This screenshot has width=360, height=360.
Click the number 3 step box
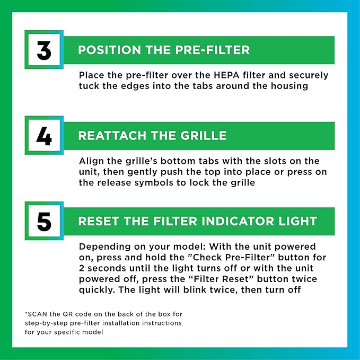44,49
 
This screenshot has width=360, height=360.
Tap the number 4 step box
44,135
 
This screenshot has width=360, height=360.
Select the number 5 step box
44,221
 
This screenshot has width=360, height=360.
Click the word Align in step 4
91,161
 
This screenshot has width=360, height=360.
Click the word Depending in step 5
102,247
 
